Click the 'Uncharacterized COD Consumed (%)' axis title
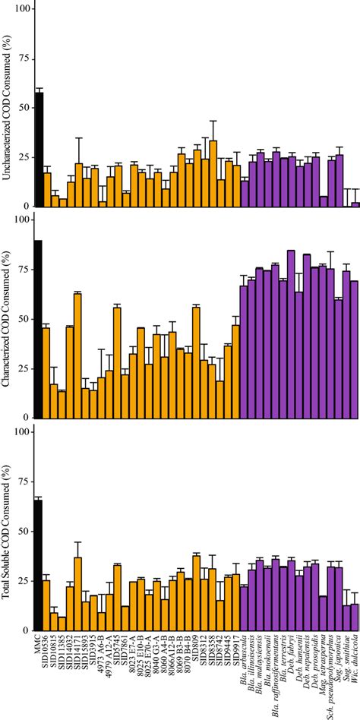click(x=8, y=106)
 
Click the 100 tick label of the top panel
click(x=23, y=8)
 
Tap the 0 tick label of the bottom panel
click(x=27, y=630)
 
